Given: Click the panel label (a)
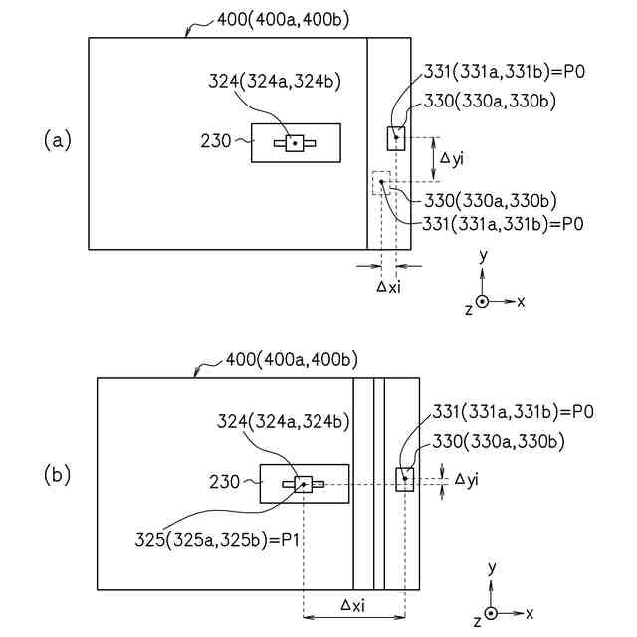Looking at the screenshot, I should click(x=58, y=141).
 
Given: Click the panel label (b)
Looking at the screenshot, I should click(x=58, y=475).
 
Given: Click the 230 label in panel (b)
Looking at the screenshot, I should click(x=225, y=483).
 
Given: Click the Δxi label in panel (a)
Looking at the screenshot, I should click(x=389, y=286).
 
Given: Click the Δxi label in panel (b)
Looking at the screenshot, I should click(x=353, y=604).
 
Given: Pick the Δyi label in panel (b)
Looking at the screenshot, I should click(x=466, y=479).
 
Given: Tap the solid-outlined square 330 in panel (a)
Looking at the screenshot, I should click(x=396, y=138).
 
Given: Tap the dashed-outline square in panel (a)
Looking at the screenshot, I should click(x=381, y=182).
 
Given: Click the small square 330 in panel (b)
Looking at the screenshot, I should click(x=405, y=479).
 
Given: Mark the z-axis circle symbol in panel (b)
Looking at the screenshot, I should click(x=492, y=613).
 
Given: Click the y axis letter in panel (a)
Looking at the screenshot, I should click(x=483, y=255).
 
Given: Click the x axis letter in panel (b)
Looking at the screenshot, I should click(x=530, y=613).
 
